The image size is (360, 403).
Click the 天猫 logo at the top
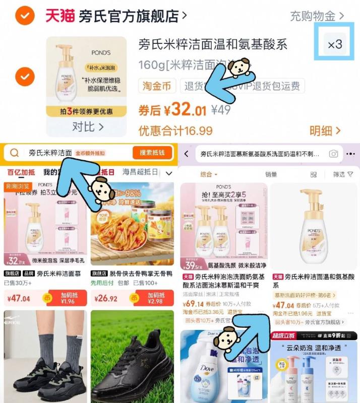[x=60, y=16]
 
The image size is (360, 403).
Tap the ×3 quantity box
[x=334, y=45]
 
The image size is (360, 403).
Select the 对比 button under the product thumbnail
[x=87, y=126]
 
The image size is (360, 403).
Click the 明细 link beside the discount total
[x=325, y=131]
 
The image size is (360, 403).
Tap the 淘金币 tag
[x=157, y=86]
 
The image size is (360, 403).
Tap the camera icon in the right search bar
[x=333, y=154]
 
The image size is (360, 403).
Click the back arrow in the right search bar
[x=187, y=154]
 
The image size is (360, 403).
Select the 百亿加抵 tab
[x=21, y=172]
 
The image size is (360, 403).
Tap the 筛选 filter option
[x=342, y=174]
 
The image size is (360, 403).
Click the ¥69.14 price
[x=194, y=304]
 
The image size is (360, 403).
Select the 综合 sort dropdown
[x=209, y=174]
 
